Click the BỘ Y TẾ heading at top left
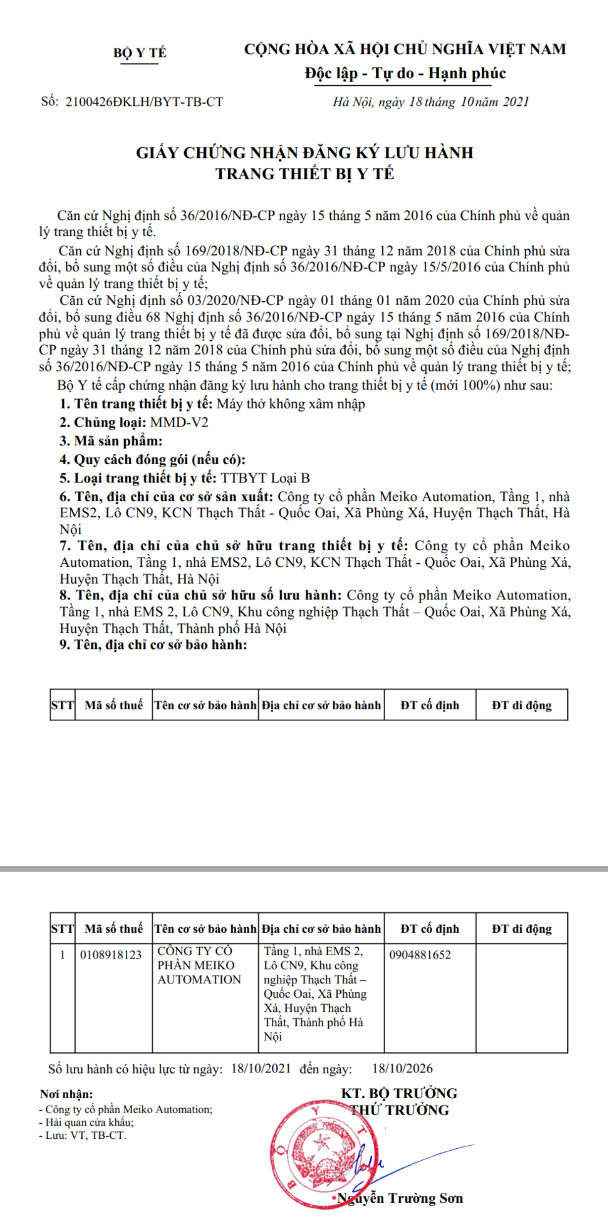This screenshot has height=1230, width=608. pyautogui.click(x=140, y=53)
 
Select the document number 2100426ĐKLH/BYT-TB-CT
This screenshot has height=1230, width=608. pyautogui.click(x=144, y=102)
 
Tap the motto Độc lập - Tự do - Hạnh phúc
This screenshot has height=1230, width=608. pyautogui.click(x=405, y=73)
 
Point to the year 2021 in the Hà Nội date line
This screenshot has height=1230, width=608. pyautogui.click(x=516, y=102)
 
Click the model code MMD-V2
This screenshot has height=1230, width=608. pyautogui.click(x=179, y=423)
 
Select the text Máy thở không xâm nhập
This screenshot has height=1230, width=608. pyautogui.click(x=291, y=404)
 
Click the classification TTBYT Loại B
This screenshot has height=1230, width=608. pyautogui.click(x=265, y=478)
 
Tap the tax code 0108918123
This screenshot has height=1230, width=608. pyautogui.click(x=111, y=955)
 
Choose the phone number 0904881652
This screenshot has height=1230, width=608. pyautogui.click(x=420, y=955)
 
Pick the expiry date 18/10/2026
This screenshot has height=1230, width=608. pyautogui.click(x=402, y=1069)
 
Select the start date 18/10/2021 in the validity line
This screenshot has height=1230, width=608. pyautogui.click(x=261, y=1069)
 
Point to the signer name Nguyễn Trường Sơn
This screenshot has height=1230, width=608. pyautogui.click(x=400, y=1198)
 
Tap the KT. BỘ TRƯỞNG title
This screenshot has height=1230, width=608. pyautogui.click(x=399, y=1093)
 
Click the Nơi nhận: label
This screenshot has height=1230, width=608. pyautogui.click(x=66, y=1094)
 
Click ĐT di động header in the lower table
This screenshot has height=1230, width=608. pyautogui.click(x=521, y=929)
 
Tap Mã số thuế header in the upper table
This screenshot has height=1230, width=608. pyautogui.click(x=113, y=705)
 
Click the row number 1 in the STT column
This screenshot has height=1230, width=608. pyautogui.click(x=62, y=955)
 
